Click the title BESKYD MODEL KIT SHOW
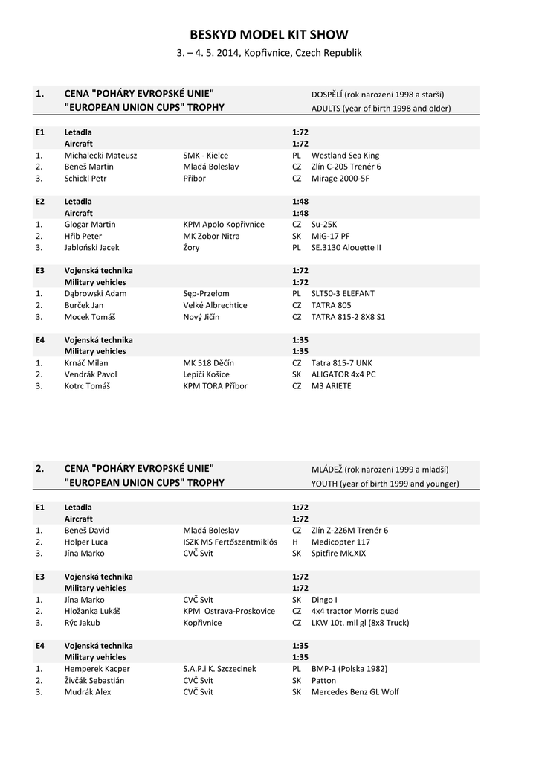[269, 35]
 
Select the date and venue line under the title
[269, 54]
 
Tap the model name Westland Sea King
[345, 156]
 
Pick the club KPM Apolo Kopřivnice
[224, 224]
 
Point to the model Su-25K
[325, 224]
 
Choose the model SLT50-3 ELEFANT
[343, 293]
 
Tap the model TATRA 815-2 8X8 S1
[348, 317]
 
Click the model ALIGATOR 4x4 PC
[343, 374]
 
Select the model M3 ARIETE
[332, 386]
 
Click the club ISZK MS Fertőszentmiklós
[230, 542]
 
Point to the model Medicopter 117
[340, 542]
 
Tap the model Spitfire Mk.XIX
[338, 553]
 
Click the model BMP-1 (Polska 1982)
[349, 669]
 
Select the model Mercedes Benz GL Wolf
[355, 692]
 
